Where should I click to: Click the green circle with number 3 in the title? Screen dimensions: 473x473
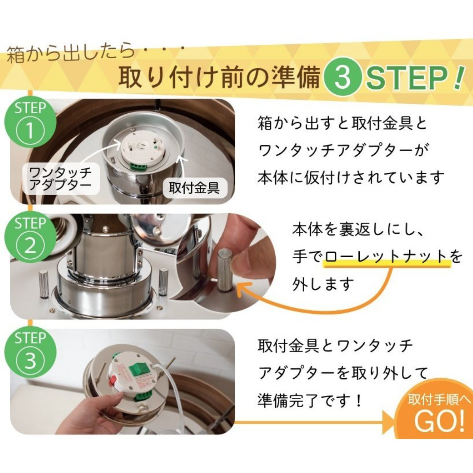coord(342,77)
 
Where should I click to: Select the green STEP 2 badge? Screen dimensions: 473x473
coord(30,238)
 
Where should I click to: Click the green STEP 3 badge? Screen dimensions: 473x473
coord(30,353)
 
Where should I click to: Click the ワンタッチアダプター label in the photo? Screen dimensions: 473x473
coord(60,179)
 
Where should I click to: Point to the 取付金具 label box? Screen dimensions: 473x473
coord(194,188)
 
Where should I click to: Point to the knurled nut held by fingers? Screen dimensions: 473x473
coord(225,270)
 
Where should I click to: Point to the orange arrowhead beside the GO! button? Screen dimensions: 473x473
coord(389,422)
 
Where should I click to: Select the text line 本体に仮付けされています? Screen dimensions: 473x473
coord(351,178)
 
